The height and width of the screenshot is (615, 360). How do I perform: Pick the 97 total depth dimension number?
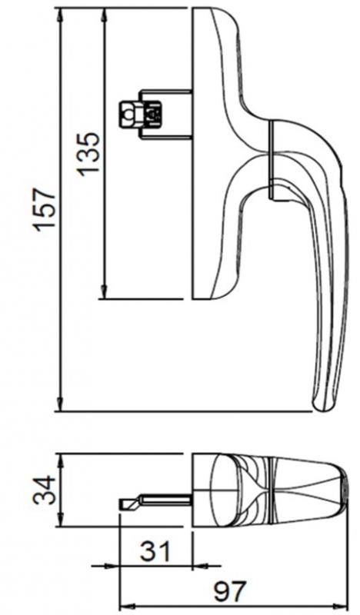point(228,593)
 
